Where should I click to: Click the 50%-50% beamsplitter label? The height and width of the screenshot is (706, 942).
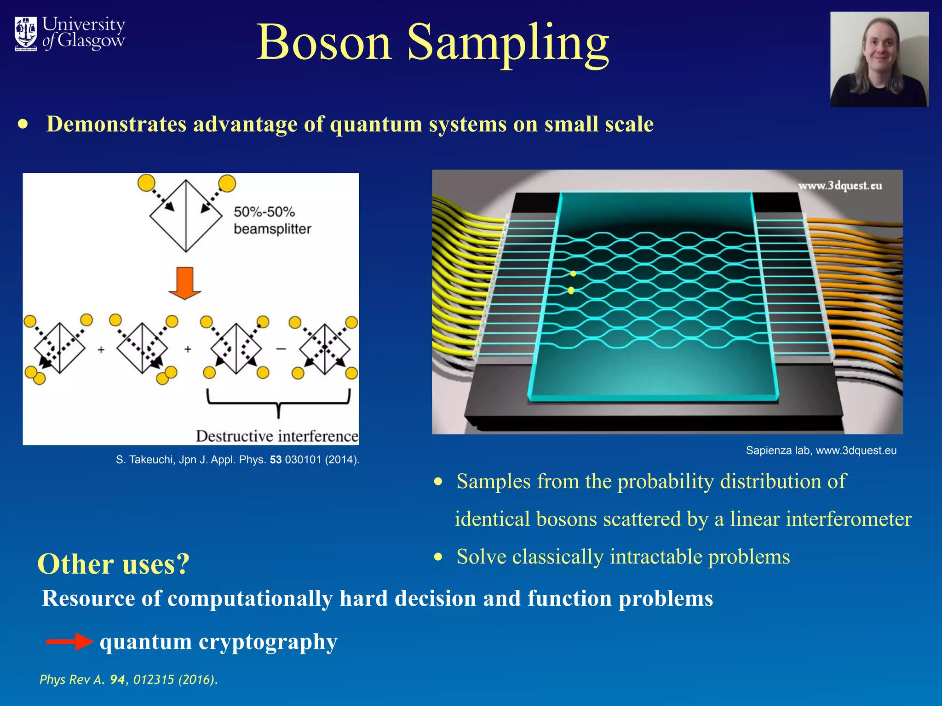click(272, 220)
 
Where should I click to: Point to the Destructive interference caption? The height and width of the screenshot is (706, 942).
click(277, 436)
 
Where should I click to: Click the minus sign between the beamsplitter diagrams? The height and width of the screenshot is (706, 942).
click(281, 349)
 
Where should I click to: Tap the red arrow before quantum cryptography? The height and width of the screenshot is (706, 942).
click(69, 641)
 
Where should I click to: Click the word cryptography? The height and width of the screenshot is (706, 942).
click(268, 642)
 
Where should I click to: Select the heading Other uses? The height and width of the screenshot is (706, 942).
click(113, 564)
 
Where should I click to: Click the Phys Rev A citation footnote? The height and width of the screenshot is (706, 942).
click(128, 679)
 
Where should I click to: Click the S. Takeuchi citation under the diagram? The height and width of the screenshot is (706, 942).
click(237, 460)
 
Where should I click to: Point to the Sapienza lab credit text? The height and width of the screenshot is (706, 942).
click(821, 450)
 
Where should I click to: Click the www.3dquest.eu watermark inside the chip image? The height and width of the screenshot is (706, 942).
click(840, 186)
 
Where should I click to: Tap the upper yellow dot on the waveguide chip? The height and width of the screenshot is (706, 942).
click(573, 274)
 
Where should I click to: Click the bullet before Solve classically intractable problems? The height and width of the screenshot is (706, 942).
click(438, 557)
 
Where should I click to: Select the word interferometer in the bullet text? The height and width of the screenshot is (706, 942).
click(848, 519)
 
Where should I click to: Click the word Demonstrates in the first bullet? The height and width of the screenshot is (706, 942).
click(116, 124)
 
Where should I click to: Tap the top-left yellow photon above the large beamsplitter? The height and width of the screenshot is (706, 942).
click(146, 183)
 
